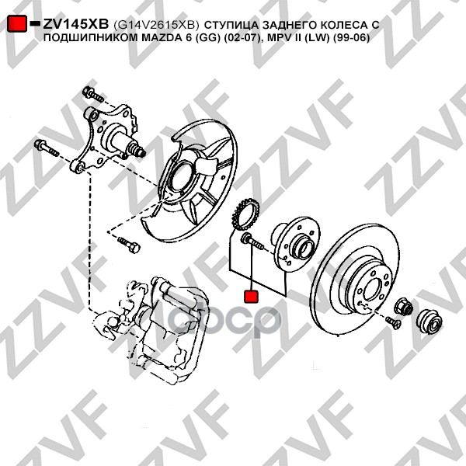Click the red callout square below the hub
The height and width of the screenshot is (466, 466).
(x=251, y=296)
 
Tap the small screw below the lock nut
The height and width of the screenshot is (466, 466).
(x=392, y=322)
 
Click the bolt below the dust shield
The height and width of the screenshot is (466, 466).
(x=130, y=246)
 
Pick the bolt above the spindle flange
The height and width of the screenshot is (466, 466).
(x=94, y=96)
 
